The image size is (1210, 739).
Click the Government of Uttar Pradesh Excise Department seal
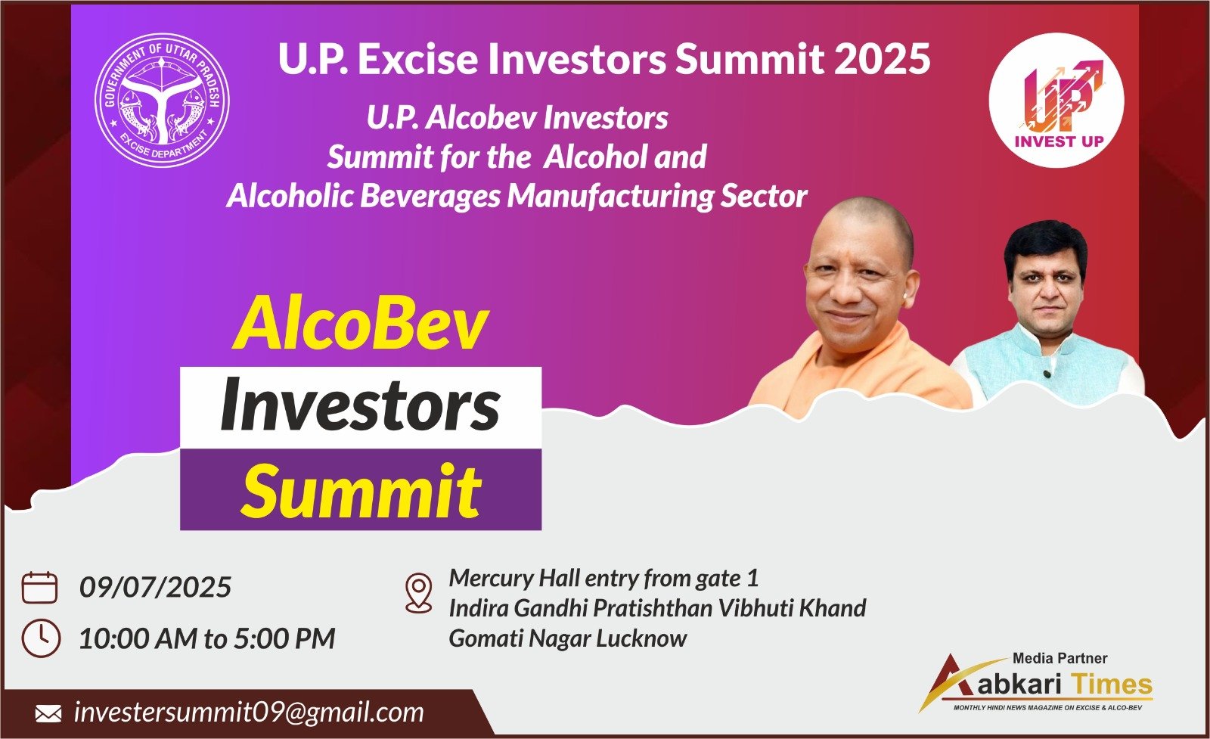(162, 101)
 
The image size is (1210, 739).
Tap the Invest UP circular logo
(1056, 100)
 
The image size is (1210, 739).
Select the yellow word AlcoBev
(361, 325)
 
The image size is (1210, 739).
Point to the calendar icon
(39, 587)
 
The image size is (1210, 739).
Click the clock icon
(41, 638)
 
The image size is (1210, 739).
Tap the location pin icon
(419, 592)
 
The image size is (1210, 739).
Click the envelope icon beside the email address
(48, 713)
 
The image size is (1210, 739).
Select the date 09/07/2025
(155, 587)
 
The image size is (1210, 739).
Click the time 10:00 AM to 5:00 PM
(207, 638)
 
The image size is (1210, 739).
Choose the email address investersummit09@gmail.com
(249, 713)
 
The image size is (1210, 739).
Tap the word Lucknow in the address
(642, 638)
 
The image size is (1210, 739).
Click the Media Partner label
(1060, 658)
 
